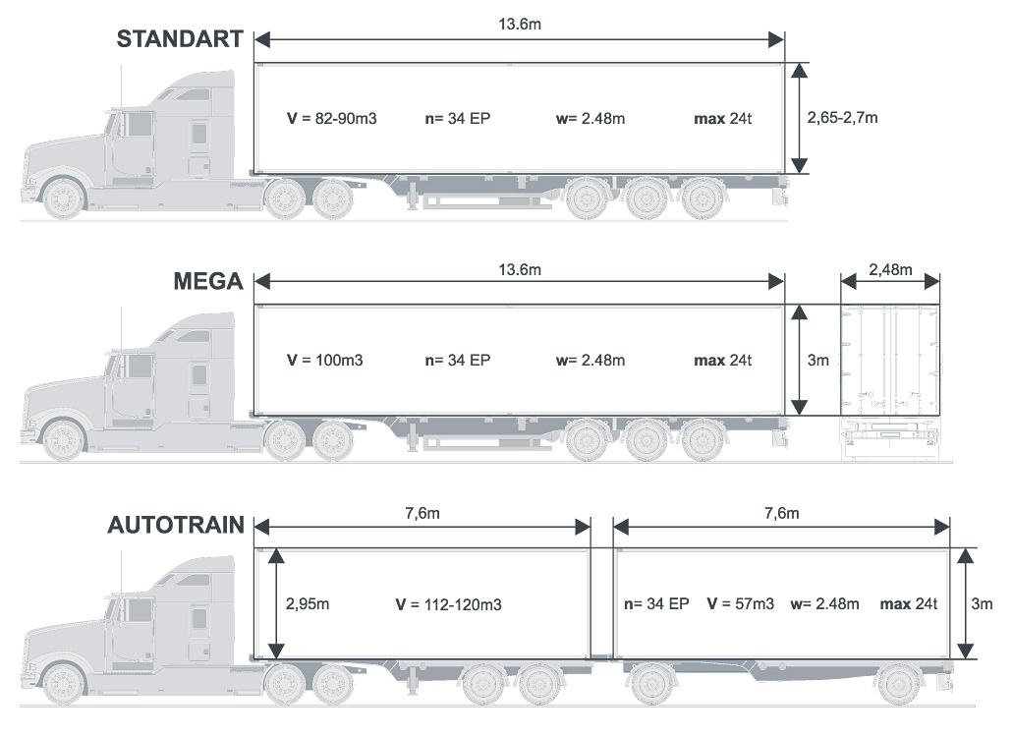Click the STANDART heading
pyautogui.click(x=179, y=39)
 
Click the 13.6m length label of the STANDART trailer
pyautogui.click(x=520, y=25)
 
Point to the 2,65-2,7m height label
pyautogui.click(x=842, y=118)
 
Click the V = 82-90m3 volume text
pyautogui.click(x=332, y=118)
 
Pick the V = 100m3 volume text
pyautogui.click(x=325, y=361)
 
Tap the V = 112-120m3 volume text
pyautogui.click(x=447, y=604)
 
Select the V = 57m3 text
pyautogui.click(x=740, y=603)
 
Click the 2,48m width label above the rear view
pyautogui.click(x=890, y=269)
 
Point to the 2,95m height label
pyautogui.click(x=308, y=603)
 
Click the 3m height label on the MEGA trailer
pyautogui.click(x=817, y=361)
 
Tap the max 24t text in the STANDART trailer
pyautogui.click(x=722, y=118)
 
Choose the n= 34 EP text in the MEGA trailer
pyautogui.click(x=457, y=361)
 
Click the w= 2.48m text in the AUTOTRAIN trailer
pyautogui.click(x=824, y=603)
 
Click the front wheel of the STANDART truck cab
pyautogui.click(x=64, y=198)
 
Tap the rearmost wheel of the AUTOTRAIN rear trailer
pyautogui.click(x=899, y=684)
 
